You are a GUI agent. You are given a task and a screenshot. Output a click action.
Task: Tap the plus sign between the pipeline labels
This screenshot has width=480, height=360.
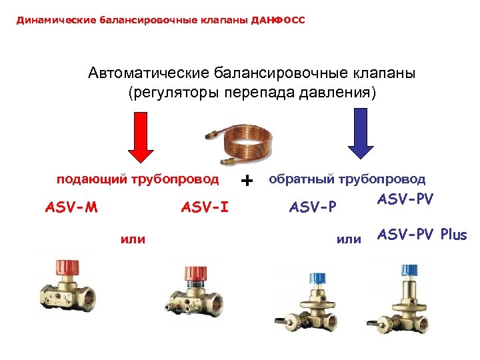pos(248,180)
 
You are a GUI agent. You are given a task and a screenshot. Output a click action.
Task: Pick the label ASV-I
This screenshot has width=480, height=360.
pos(205,207)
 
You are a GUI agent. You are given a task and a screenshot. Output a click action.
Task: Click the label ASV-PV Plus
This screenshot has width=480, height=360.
pos(422,235)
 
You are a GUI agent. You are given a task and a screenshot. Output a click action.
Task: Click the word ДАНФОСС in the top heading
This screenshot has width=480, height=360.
pos(278,20)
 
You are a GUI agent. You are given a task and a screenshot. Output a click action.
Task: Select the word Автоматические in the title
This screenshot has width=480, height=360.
pos(149,73)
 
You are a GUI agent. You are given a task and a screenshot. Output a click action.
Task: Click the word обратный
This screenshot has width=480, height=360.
pos(301,179)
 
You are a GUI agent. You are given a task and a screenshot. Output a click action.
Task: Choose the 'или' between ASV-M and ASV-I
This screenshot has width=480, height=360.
pos(133,238)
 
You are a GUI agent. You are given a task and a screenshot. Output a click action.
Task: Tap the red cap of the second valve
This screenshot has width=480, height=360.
pos(195,273)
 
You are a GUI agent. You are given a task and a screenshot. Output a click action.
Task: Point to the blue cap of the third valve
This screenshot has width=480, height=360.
pos(315,277)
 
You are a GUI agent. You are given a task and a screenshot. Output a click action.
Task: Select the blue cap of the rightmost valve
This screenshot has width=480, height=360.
pos(409,270)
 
